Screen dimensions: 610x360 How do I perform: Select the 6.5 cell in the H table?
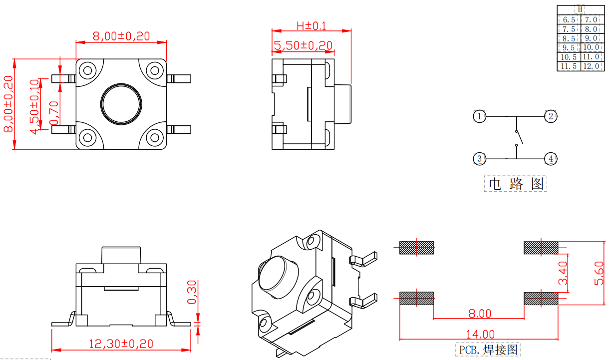[569, 19]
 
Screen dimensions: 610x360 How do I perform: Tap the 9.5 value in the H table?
[569, 47]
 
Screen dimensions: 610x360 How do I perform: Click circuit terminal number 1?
[479, 116]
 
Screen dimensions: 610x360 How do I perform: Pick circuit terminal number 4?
[551, 159]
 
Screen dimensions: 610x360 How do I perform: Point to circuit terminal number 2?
[551, 116]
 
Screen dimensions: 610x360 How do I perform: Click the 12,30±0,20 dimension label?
[121, 344]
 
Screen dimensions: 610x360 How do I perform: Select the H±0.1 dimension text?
[311, 26]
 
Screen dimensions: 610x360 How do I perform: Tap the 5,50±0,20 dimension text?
[303, 45]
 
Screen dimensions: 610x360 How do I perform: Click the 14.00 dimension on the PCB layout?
[480, 334]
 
